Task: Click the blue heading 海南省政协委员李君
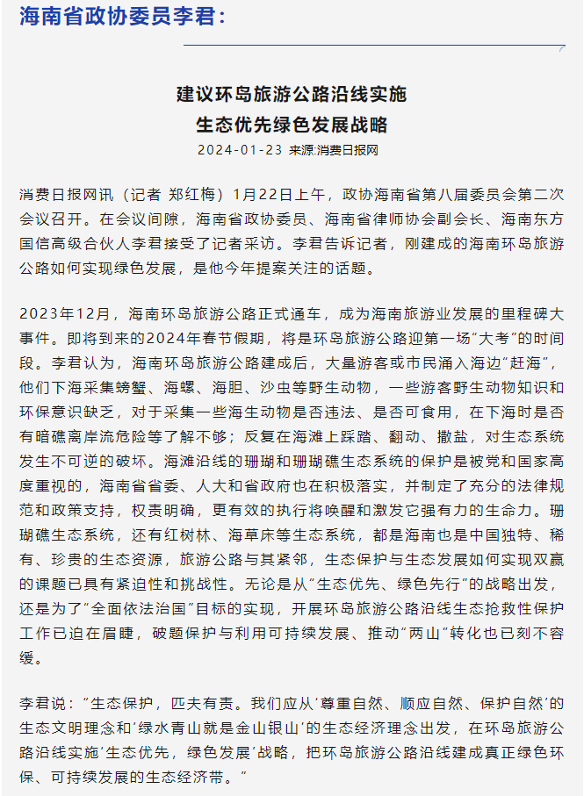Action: click(122, 17)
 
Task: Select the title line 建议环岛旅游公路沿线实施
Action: click(292, 95)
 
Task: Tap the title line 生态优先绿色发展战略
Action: click(292, 125)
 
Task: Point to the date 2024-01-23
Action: click(239, 150)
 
